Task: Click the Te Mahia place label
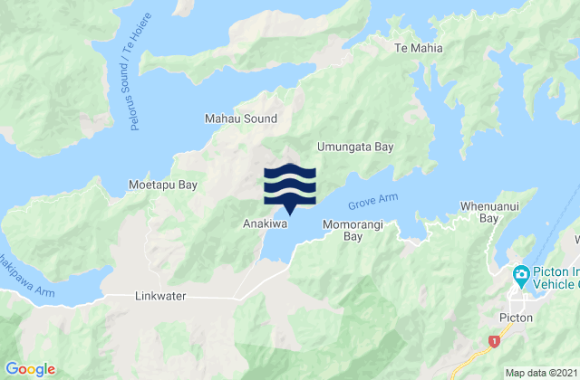(418, 49)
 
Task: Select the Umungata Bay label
(359, 146)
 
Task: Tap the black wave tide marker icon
(290, 186)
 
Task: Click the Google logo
(31, 368)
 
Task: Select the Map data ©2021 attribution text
(538, 372)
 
